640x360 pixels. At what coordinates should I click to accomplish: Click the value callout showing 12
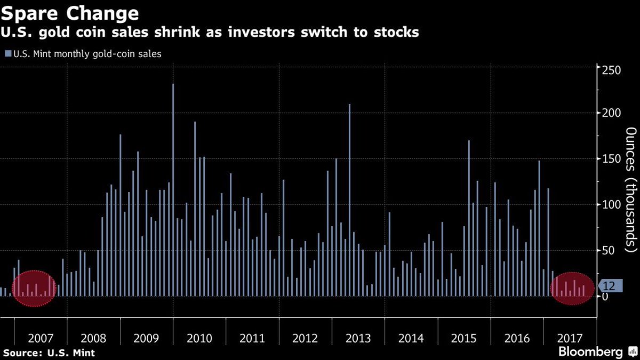click(x=608, y=286)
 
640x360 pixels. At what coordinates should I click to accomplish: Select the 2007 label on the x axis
click(x=41, y=338)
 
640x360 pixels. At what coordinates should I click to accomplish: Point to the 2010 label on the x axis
click(x=199, y=338)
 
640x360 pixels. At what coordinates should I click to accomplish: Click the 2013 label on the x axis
click(x=358, y=338)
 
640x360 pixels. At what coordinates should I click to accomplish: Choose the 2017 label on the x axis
click(x=570, y=338)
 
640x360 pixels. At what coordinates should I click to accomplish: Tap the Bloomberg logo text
click(x=590, y=352)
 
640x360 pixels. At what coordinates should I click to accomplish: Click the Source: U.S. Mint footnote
click(x=49, y=353)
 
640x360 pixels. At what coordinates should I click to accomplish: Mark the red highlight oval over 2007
click(x=34, y=289)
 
